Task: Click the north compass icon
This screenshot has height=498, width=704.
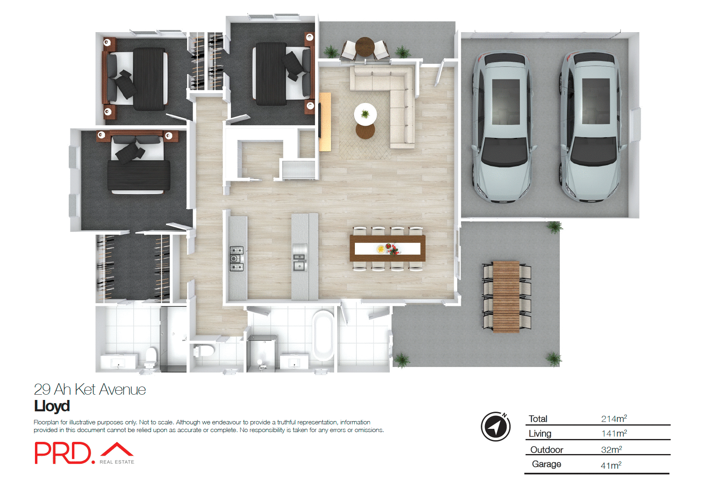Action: (x=495, y=427)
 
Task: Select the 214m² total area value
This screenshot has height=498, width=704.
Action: (x=614, y=419)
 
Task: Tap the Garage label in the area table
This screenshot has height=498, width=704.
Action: (x=546, y=464)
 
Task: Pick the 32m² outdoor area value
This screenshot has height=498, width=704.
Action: (x=611, y=450)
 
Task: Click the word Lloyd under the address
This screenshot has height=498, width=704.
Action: (x=52, y=406)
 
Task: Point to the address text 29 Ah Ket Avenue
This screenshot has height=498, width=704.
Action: (x=90, y=389)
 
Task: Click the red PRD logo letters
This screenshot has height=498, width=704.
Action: (x=63, y=453)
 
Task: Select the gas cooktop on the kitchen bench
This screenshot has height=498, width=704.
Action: (x=237, y=259)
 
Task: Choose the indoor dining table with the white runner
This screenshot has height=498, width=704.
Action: (x=387, y=248)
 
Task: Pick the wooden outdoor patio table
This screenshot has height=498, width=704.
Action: (x=506, y=297)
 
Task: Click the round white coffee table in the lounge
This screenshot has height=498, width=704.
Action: (x=365, y=114)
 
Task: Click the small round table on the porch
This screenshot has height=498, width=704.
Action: (x=365, y=46)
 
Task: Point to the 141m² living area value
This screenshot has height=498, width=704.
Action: (x=614, y=434)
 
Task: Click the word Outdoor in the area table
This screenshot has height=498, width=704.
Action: (x=547, y=450)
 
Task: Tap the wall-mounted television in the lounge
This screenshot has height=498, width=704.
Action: (x=320, y=121)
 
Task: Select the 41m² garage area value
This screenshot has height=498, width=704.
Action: (x=611, y=465)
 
